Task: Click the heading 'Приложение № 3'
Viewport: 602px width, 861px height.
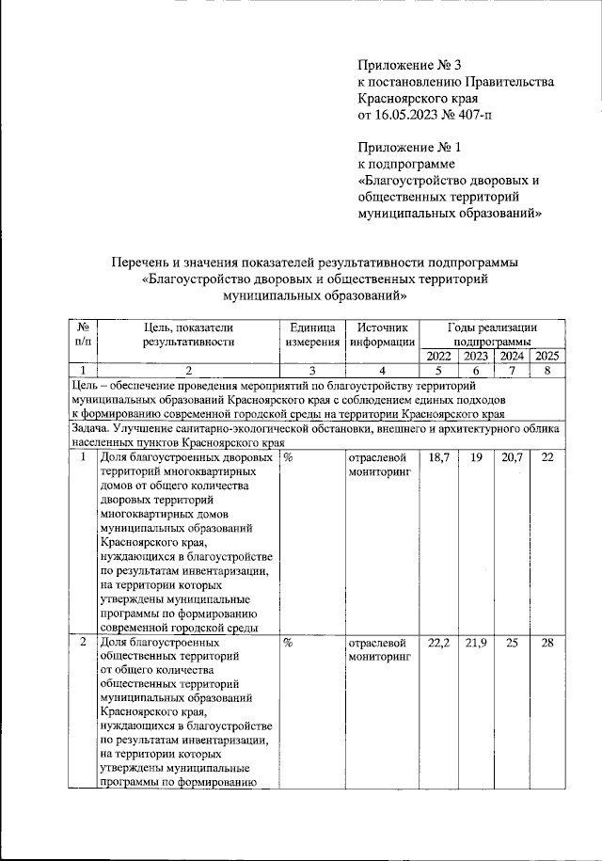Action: pos(411,65)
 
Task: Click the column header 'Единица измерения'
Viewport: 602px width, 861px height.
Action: pos(311,335)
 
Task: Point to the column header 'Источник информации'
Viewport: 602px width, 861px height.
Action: pos(381,335)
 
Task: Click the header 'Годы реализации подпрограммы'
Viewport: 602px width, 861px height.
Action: pos(491,335)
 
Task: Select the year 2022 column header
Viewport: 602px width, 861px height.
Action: pos(438,356)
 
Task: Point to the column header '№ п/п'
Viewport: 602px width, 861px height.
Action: pos(82,335)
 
